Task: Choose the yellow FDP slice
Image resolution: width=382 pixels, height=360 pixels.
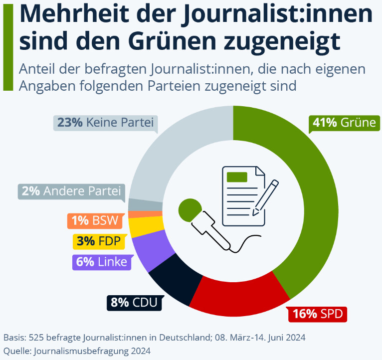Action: pyautogui.click(x=139, y=227)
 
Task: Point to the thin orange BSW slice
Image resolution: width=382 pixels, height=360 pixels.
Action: pyautogui.click(x=138, y=214)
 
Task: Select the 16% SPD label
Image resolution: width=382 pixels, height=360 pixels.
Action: pyautogui.click(x=317, y=314)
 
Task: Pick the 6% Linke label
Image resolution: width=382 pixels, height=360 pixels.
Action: pyautogui.click(x=102, y=262)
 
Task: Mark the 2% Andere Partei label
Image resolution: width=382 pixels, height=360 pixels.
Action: pyautogui.click(x=71, y=191)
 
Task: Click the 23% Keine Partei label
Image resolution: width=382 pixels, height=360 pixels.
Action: pyautogui.click(x=105, y=122)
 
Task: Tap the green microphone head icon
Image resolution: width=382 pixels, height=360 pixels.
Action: pyautogui.click(x=190, y=210)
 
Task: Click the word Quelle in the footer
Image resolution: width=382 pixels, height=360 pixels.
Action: pyautogui.click(x=15, y=351)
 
